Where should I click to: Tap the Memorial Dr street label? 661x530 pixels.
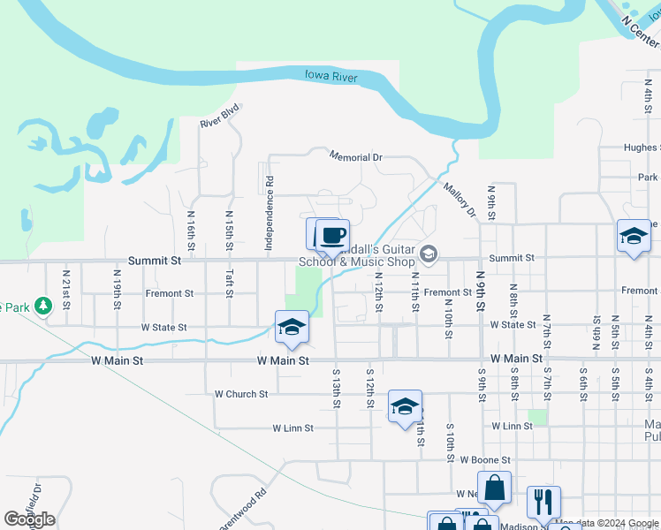tap(355, 156)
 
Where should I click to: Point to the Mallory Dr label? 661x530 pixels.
tap(460, 200)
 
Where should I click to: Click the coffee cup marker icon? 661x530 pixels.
tap(332, 236)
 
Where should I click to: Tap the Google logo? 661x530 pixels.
tap(29, 519)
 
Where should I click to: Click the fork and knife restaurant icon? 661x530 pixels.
tap(543, 501)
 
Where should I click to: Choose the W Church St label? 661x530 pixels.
tap(241, 394)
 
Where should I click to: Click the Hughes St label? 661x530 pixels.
tap(640, 148)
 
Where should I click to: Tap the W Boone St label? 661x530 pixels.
tap(485, 460)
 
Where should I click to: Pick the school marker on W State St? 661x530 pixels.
tap(292, 327)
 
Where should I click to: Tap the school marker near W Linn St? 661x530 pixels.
tap(405, 406)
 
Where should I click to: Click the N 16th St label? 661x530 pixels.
tap(191, 229)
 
